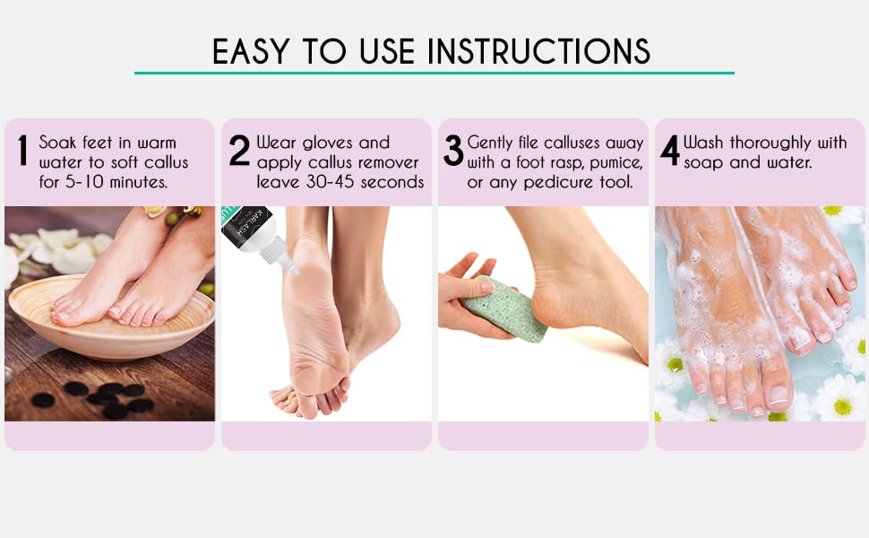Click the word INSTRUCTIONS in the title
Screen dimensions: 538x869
[539, 51]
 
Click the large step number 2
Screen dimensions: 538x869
[239, 151]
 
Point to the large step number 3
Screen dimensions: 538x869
[453, 151]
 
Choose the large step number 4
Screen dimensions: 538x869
[670, 151]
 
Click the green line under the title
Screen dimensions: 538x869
[434, 73]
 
